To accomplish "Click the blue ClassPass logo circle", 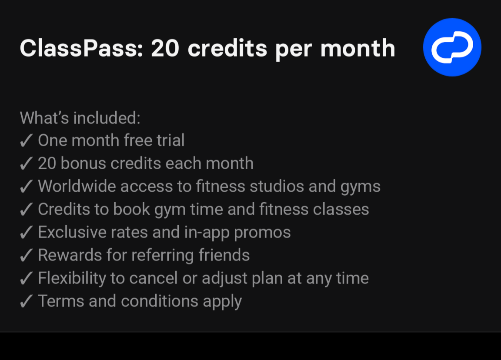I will click(x=452, y=47).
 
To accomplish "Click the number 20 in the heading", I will click(x=165, y=48).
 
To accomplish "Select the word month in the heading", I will click(x=357, y=48).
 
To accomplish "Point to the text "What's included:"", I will click(x=80, y=118).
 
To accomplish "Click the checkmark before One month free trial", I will click(x=26, y=141).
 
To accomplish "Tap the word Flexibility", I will click(x=72, y=279).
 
